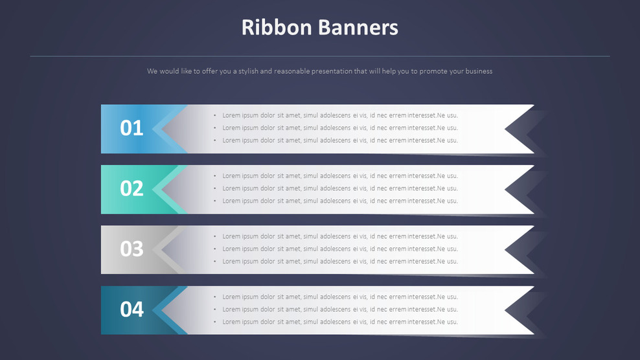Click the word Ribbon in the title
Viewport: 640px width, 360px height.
tap(277, 28)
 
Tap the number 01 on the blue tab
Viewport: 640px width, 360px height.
tap(131, 128)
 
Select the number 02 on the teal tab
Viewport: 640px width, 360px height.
tap(131, 188)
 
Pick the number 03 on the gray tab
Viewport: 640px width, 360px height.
tap(131, 249)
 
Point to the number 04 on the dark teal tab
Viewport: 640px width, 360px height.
tap(131, 309)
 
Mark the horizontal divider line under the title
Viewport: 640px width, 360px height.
tap(319, 56)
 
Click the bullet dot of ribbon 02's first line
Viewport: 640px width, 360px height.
tap(215, 176)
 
